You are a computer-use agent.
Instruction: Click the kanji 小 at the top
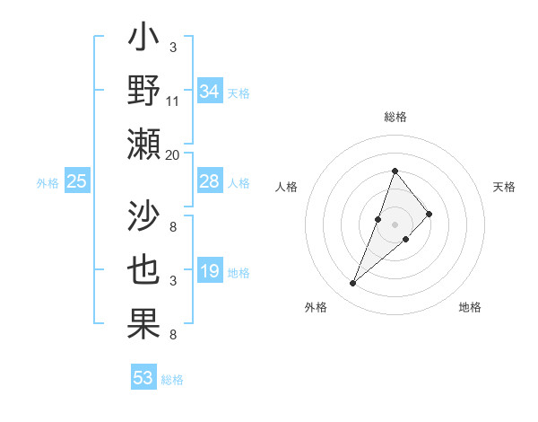point(144,40)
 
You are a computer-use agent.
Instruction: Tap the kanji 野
point(144,92)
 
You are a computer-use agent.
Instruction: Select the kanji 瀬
point(144,145)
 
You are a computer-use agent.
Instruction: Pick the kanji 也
point(144,270)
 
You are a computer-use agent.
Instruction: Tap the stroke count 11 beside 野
point(173,101)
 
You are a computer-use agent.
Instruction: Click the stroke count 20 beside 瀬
point(173,154)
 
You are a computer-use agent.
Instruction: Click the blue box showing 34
point(209,92)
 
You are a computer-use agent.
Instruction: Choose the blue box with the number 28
point(209,181)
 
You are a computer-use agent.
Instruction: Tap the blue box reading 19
point(209,272)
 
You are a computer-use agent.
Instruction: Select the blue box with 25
point(77,182)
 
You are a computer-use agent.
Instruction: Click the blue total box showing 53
point(143,378)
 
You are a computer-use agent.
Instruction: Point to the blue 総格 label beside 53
point(172,380)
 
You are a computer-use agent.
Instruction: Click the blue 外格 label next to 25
point(48,183)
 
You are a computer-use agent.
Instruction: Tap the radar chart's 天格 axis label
point(504,187)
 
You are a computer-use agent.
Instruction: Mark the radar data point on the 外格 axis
point(353,284)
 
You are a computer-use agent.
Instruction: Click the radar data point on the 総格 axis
point(395,171)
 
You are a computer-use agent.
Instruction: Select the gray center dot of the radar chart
point(395,224)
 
